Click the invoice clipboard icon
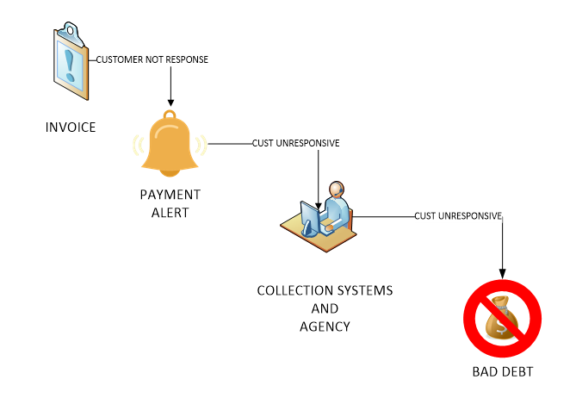tap(71, 61)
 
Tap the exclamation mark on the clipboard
tap(70, 65)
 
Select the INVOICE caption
tap(71, 127)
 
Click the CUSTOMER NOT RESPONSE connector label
tap(152, 59)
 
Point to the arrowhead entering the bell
tap(170, 103)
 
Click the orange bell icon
tap(170, 144)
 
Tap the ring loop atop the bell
tap(170, 115)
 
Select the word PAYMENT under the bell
tap(170, 195)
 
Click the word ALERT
tap(170, 213)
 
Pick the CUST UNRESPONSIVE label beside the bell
tap(295, 143)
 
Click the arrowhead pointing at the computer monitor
tap(318, 206)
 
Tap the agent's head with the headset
tap(337, 190)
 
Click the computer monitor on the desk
tap(310, 219)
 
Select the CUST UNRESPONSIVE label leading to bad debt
tap(458, 215)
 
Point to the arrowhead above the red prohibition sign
tap(502, 274)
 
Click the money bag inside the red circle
tap(502, 318)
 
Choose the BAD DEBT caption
tap(503, 372)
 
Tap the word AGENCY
tap(325, 326)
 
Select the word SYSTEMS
tap(365, 290)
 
